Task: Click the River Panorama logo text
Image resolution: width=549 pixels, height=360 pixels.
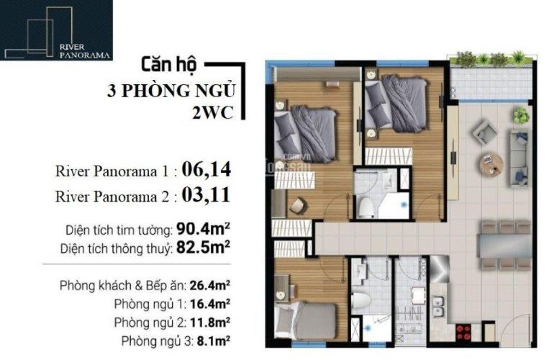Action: pyautogui.click(x=84, y=51)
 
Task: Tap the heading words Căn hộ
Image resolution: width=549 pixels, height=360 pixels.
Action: pyautogui.click(x=169, y=65)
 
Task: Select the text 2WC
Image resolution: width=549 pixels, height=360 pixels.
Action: pyautogui.click(x=212, y=113)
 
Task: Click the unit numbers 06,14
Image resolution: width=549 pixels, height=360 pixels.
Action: pyautogui.click(x=207, y=170)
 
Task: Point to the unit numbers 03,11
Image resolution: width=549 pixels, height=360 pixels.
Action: pyautogui.click(x=206, y=195)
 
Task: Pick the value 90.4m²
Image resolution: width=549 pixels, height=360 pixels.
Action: pyautogui.click(x=203, y=230)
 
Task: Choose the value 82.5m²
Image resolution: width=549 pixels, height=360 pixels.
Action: pyautogui.click(x=203, y=248)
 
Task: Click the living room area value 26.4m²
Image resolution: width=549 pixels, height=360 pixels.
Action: pyautogui.click(x=209, y=286)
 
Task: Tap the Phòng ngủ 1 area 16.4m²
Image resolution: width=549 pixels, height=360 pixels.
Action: pyautogui.click(x=209, y=304)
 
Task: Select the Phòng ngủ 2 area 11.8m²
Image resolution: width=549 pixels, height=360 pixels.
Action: pyautogui.click(x=209, y=322)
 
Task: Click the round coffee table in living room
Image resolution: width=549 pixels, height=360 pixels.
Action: pyautogui.click(x=491, y=164)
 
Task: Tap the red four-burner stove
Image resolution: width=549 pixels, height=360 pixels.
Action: pyautogui.click(x=463, y=332)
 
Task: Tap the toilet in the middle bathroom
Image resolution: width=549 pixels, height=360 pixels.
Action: pyautogui.click(x=366, y=207)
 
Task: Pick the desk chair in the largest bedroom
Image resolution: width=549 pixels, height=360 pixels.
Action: pyautogui.click(x=298, y=206)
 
